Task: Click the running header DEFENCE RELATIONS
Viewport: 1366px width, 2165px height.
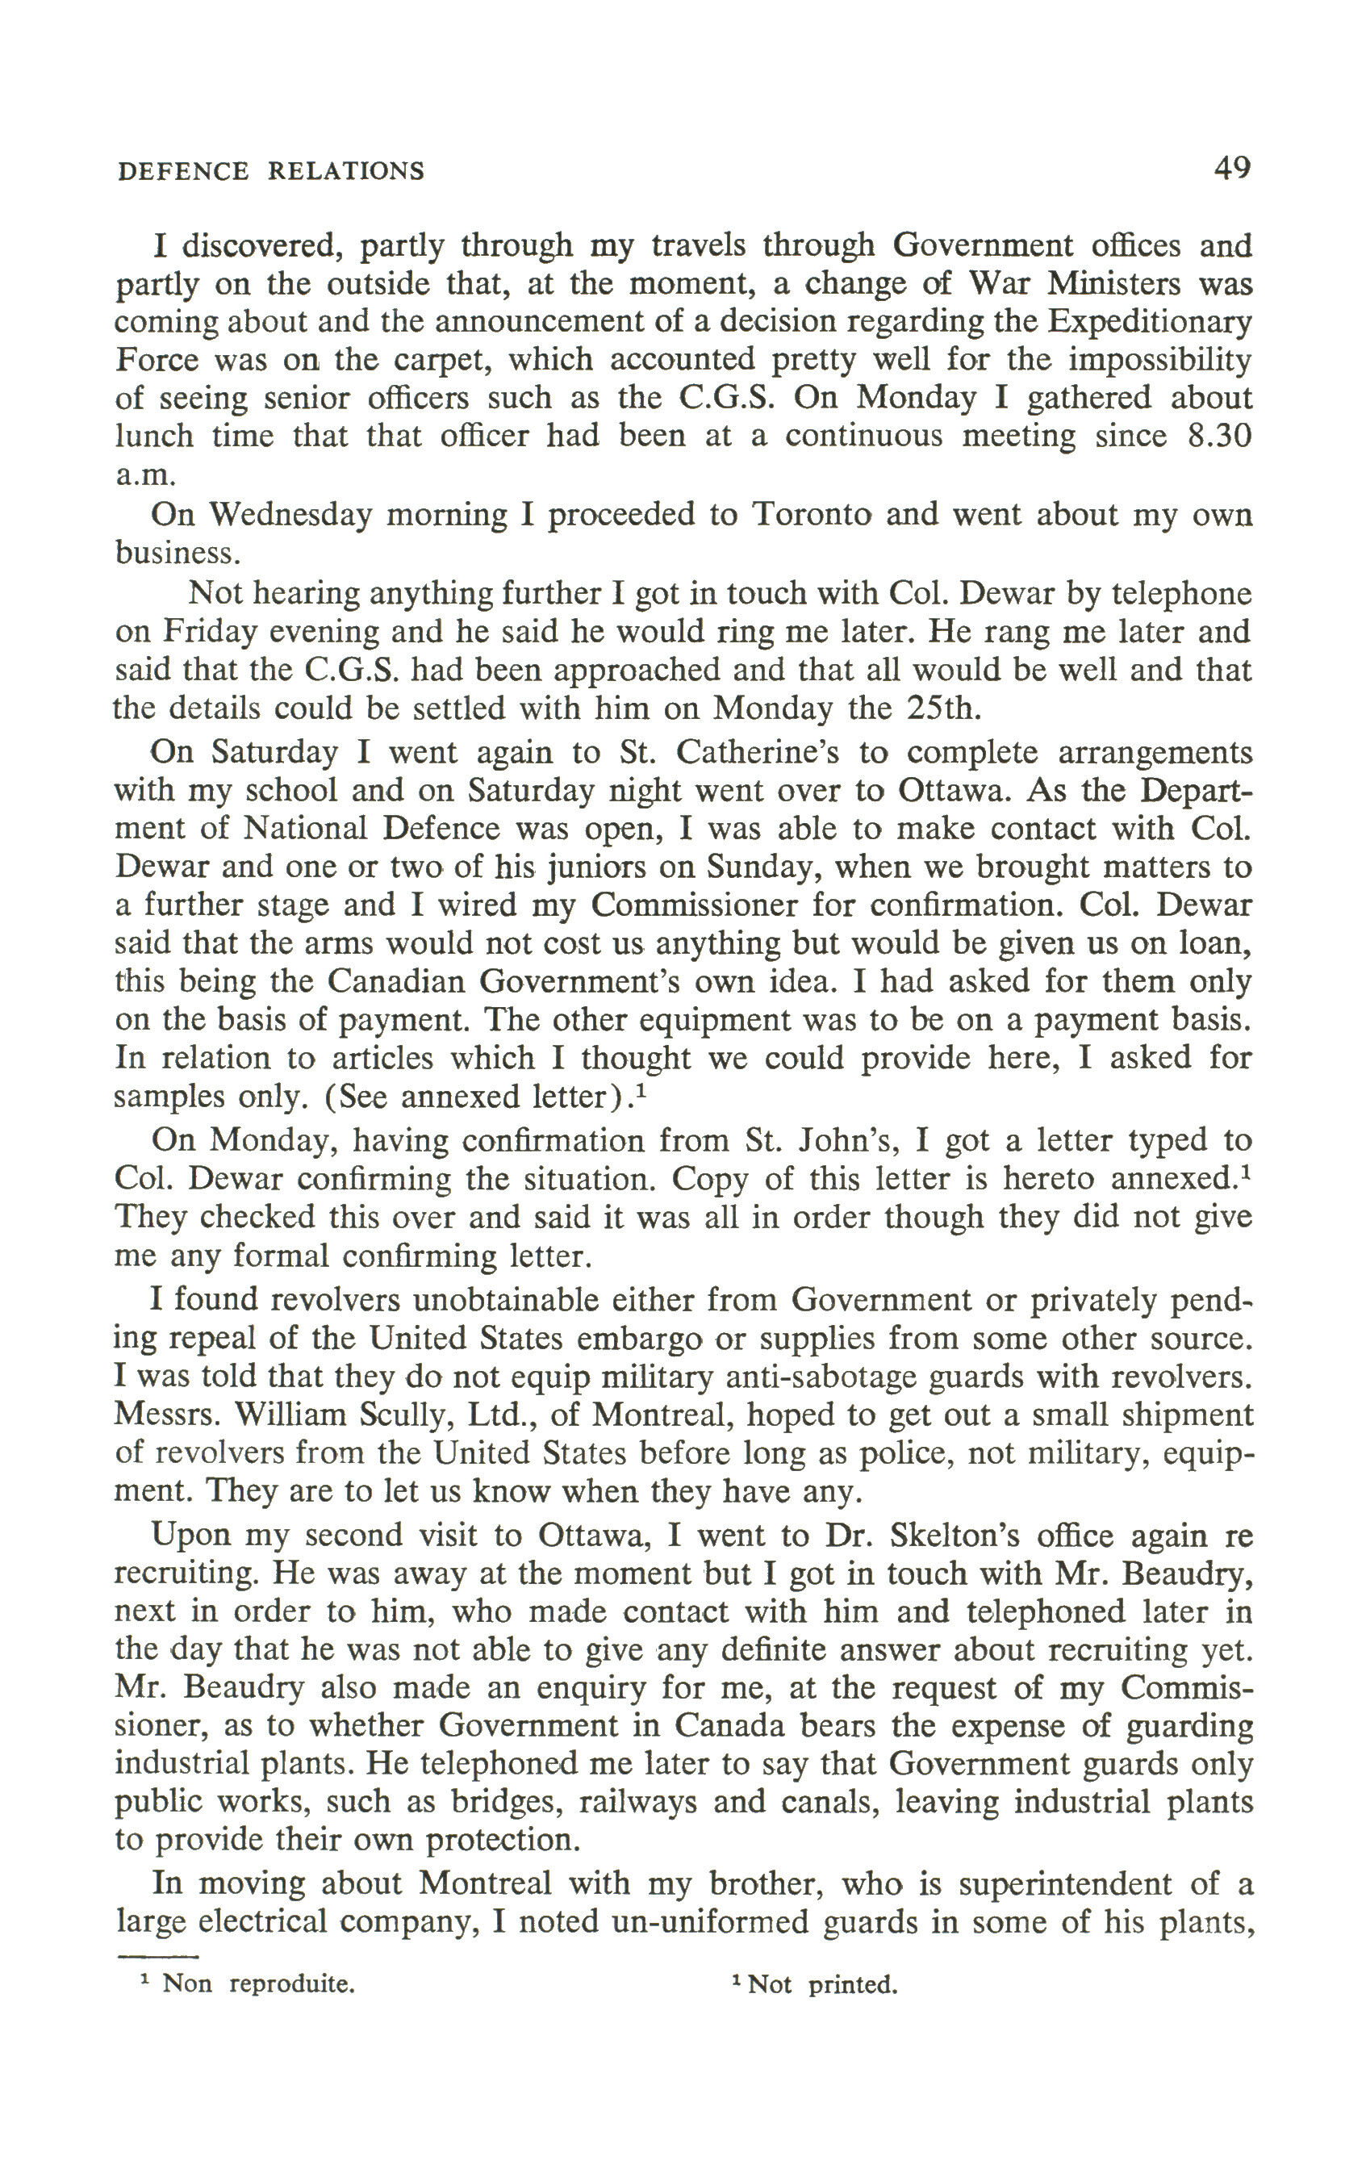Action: tap(270, 171)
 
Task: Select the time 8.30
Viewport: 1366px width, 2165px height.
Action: tap(1218, 436)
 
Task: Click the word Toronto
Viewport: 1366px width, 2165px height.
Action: tap(811, 514)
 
